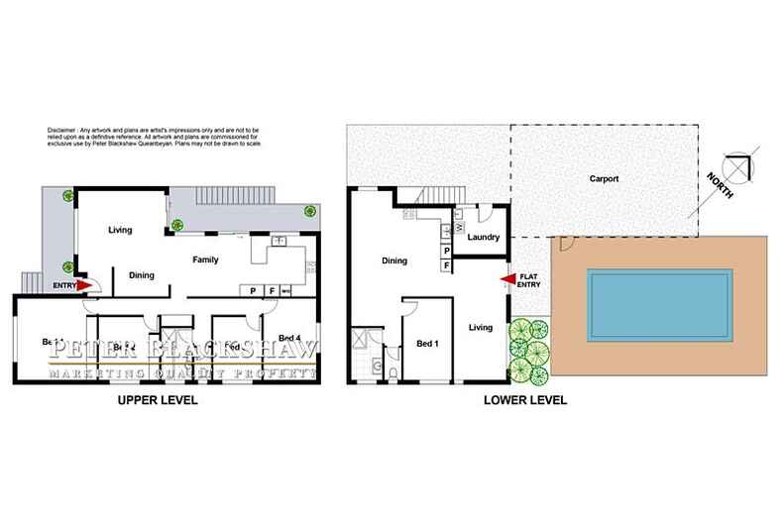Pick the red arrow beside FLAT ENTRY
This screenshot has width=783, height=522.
[x=507, y=280]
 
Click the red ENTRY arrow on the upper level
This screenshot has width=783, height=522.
[x=86, y=287]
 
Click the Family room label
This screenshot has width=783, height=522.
[x=205, y=261]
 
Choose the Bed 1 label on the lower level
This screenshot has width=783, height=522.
[x=427, y=344]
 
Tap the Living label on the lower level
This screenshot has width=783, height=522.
[x=481, y=326]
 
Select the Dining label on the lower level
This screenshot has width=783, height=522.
[x=394, y=261]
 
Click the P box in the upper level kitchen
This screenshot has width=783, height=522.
[x=254, y=291]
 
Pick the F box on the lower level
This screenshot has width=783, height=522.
[x=446, y=265]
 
